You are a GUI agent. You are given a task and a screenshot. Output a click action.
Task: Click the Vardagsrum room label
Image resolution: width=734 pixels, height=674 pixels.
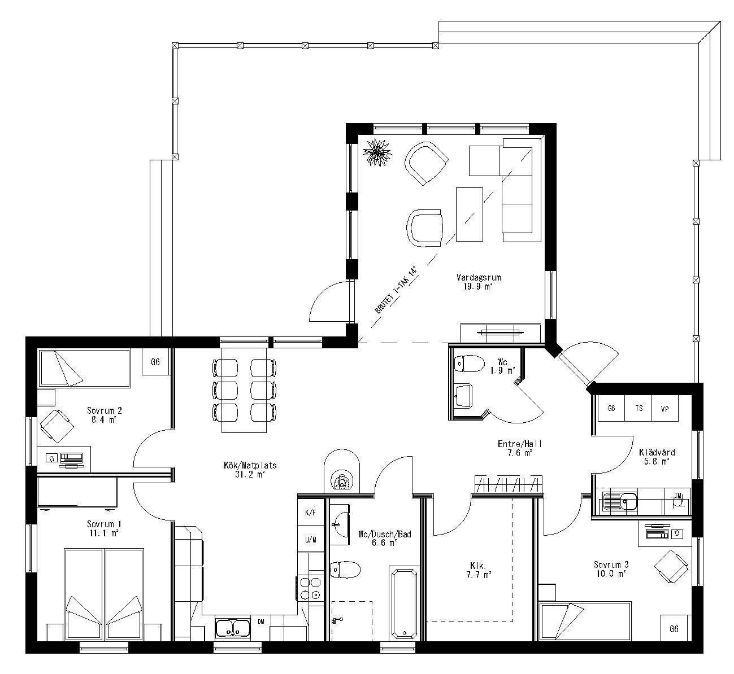pos(478,277)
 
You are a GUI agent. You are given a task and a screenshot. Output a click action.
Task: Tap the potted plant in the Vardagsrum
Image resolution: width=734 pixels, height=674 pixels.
pos(377,151)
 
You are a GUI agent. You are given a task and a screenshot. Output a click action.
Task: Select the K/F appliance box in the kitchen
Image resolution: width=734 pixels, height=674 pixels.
pos(310,513)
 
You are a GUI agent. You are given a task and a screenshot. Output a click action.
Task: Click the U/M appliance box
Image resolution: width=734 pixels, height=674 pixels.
pos(310,540)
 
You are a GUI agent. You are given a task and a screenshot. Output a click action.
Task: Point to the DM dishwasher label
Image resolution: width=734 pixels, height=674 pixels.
pos(261,622)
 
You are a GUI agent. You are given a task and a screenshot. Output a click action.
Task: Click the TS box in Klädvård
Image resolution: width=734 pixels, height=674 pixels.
pos(639,408)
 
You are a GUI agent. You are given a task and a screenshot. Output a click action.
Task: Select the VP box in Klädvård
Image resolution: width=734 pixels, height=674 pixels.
pos(664,408)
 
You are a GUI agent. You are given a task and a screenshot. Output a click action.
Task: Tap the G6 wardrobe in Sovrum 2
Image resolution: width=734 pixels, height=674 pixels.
pos(155,362)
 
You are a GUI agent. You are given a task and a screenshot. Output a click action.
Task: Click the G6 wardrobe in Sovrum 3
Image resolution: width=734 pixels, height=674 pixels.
pos(674,628)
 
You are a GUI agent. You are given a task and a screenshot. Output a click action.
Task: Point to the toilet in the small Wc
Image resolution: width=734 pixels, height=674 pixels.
pos(469,364)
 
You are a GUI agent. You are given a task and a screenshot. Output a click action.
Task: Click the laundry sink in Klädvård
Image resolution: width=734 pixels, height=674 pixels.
pos(619,500)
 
